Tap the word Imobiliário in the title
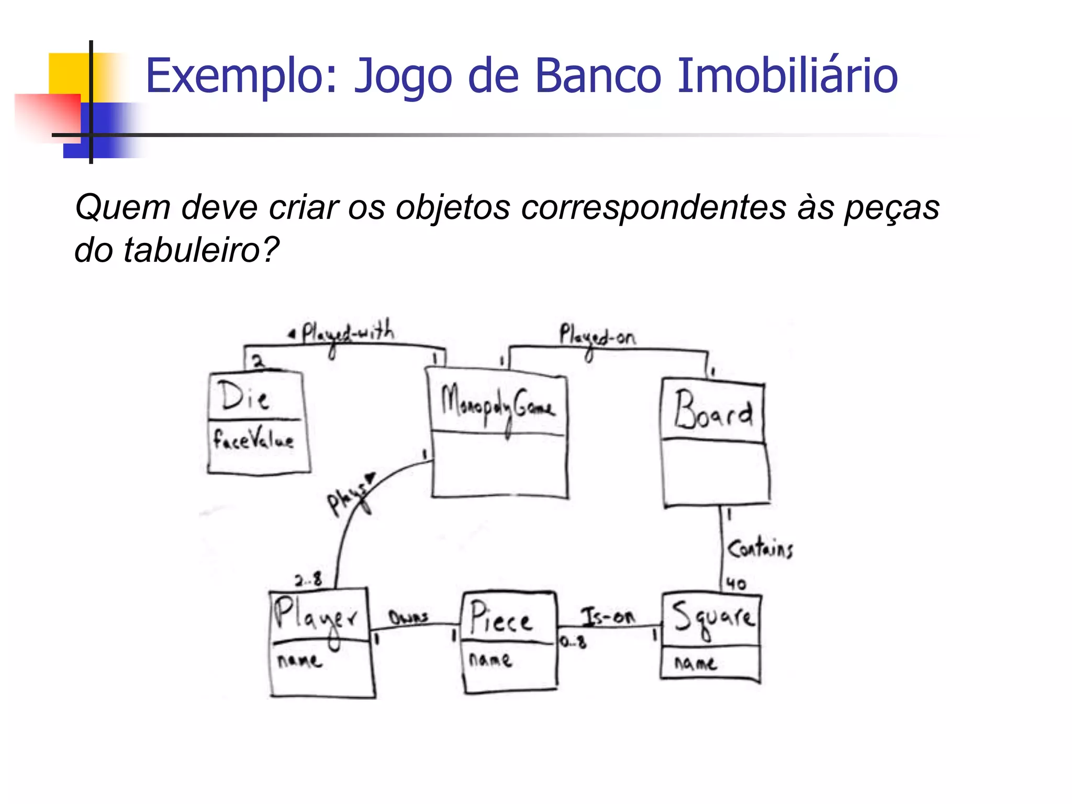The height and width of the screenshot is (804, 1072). pyautogui.click(x=787, y=76)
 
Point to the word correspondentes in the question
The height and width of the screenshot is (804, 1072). pyautogui.click(x=654, y=207)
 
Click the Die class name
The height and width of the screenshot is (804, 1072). pyautogui.click(x=244, y=396)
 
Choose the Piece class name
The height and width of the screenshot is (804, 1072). pyautogui.click(x=500, y=619)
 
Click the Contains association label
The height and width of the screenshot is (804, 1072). pyautogui.click(x=760, y=548)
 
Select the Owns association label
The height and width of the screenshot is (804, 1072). pyautogui.click(x=408, y=618)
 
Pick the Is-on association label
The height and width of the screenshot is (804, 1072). pyautogui.click(x=608, y=617)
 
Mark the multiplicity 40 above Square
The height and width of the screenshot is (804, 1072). pyautogui.click(x=736, y=584)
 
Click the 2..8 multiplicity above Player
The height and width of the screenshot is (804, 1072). pyautogui.click(x=308, y=580)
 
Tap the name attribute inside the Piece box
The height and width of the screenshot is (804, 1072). pyautogui.click(x=490, y=660)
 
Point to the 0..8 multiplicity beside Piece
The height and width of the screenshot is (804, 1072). pyautogui.click(x=573, y=642)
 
